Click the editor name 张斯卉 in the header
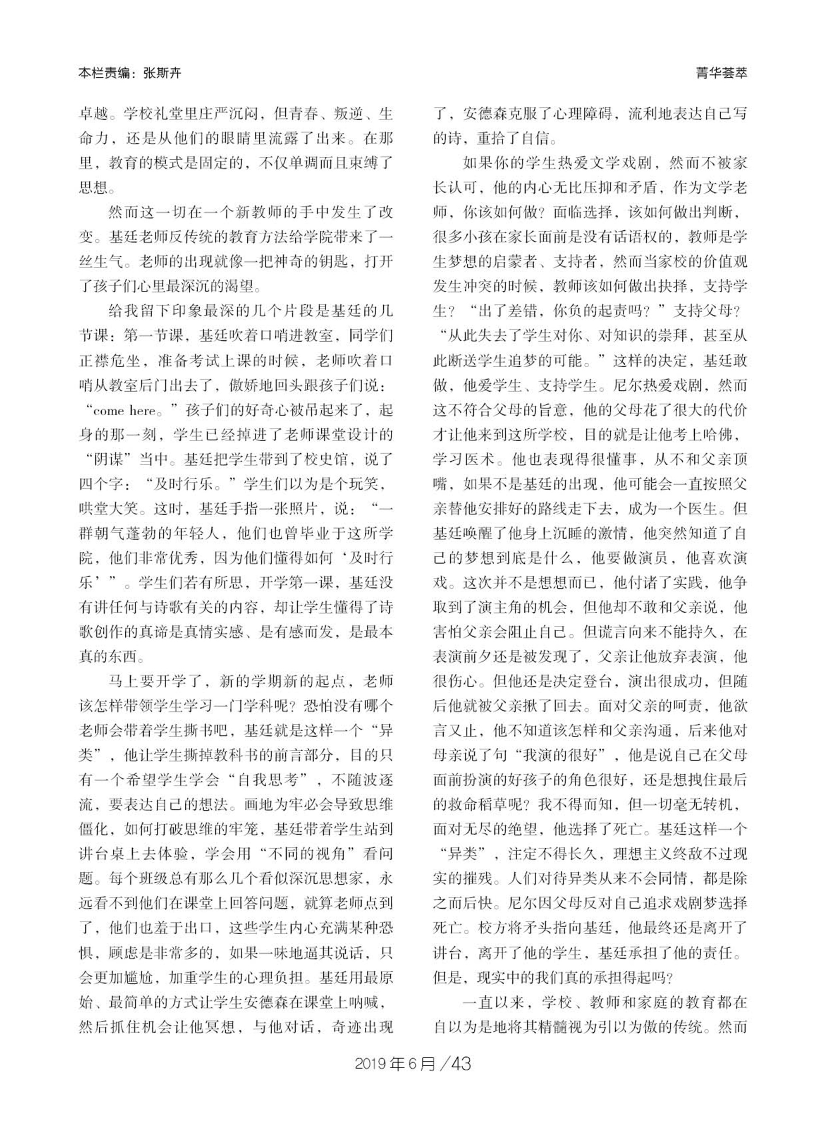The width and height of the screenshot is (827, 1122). click(162, 74)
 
